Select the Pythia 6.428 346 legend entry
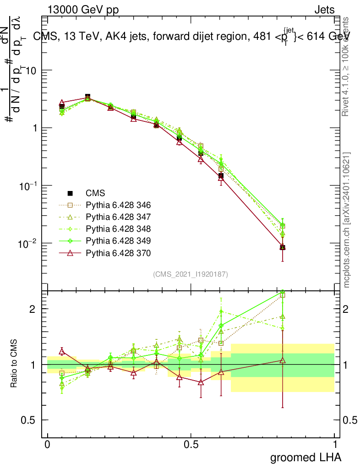coord(118,205)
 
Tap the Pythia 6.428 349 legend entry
coord(118,241)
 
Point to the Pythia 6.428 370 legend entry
coord(118,253)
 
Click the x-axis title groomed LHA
coord(305,457)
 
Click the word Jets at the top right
coord(324,10)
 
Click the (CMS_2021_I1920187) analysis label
coord(191,274)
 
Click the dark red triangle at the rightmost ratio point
coord(283,360)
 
